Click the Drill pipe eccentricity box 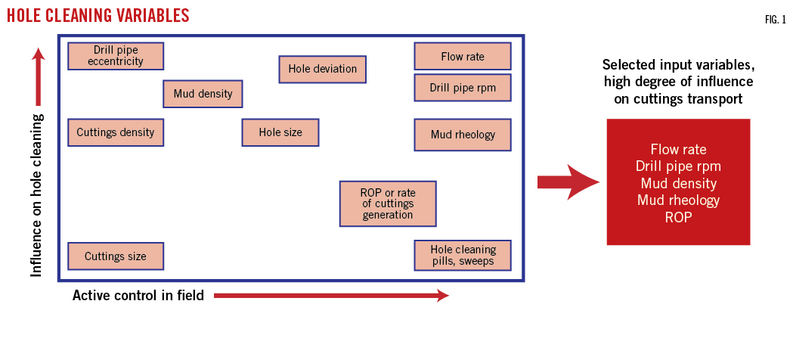click(116, 56)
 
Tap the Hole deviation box click(323, 69)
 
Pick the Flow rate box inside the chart click(463, 56)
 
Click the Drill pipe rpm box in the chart click(463, 88)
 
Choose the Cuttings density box click(116, 132)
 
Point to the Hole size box click(280, 132)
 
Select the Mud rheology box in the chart click(463, 135)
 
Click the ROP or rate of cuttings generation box click(387, 203)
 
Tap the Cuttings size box click(116, 256)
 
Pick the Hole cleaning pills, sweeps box click(463, 256)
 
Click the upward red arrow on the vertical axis click(39, 76)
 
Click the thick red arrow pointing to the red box click(567, 182)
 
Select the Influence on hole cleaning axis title click(37, 195)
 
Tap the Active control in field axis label click(138, 296)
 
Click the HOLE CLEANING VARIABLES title click(98, 15)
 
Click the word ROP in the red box click(678, 217)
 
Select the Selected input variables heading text click(678, 81)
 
